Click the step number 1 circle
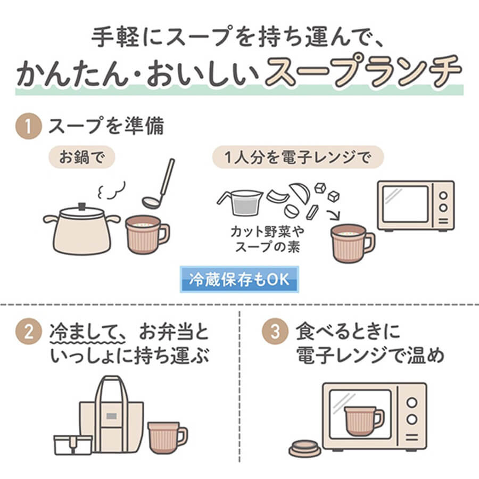point(28,126)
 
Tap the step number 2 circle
point(28,332)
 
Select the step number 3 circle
point(275,332)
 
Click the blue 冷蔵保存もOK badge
point(239,279)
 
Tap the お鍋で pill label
point(81,158)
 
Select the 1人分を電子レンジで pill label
point(298,158)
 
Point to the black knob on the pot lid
point(82,207)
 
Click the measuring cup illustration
point(241,202)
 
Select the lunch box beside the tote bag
point(73,445)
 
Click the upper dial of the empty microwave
point(443,195)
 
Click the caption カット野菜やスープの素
point(268,239)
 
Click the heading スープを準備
point(106,126)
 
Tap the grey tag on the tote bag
point(112,416)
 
